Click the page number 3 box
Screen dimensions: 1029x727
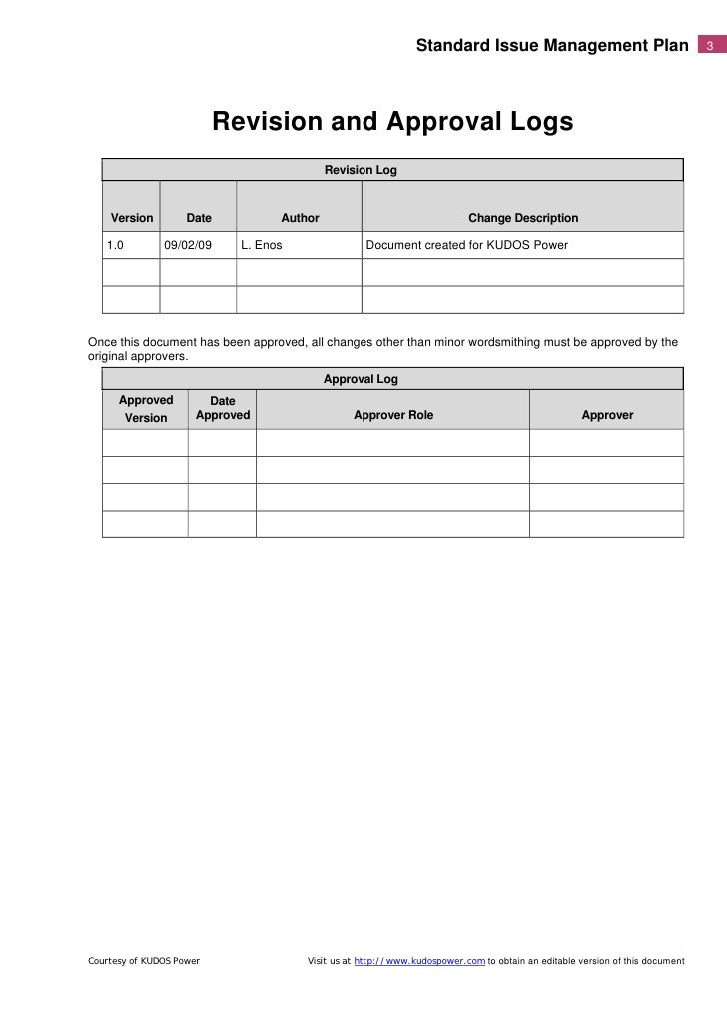(709, 46)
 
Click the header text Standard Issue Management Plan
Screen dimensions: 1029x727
(552, 46)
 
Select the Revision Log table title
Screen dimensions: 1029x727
(361, 171)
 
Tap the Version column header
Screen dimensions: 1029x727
(132, 218)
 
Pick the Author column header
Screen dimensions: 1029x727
(300, 218)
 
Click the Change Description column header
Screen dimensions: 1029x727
(523, 218)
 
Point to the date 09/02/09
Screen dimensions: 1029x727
(188, 245)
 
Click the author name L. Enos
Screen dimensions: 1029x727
(262, 245)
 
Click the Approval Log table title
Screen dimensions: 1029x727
(361, 379)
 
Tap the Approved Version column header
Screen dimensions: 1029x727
(146, 409)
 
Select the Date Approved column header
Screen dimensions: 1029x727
(222, 409)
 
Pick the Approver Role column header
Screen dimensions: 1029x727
(393, 415)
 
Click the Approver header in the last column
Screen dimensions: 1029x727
(607, 415)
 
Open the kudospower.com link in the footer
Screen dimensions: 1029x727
(420, 961)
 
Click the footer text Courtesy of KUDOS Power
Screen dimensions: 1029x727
(144, 961)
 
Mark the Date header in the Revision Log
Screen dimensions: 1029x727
(199, 218)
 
